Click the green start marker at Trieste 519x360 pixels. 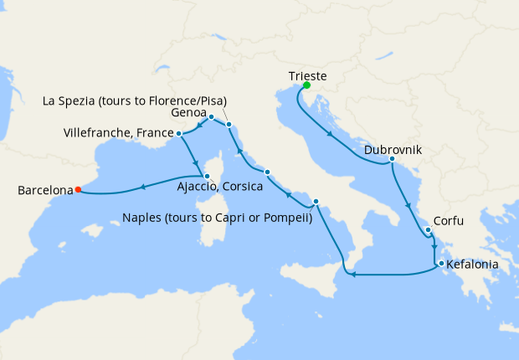tap(307, 85)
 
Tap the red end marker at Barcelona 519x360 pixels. tap(78, 189)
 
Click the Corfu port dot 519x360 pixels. tap(428, 230)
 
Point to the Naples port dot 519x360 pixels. tap(316, 202)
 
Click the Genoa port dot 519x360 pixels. tap(212, 117)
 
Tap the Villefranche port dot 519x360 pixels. tap(179, 133)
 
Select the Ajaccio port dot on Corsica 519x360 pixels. tap(207, 176)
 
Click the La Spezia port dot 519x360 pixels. tap(229, 126)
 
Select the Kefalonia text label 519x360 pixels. tap(473, 265)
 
